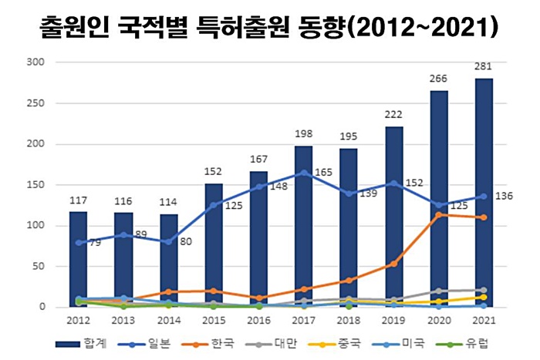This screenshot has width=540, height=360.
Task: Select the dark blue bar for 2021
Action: click(x=484, y=193)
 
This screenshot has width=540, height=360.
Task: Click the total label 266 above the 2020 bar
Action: click(x=438, y=79)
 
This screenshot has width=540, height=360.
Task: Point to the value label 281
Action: click(x=484, y=67)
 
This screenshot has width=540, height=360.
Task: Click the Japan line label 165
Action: click(x=323, y=173)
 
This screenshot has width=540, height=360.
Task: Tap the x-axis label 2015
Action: click(x=213, y=320)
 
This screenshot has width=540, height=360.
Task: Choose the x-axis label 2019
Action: click(x=393, y=320)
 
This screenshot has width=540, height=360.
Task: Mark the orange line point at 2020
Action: click(x=438, y=215)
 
